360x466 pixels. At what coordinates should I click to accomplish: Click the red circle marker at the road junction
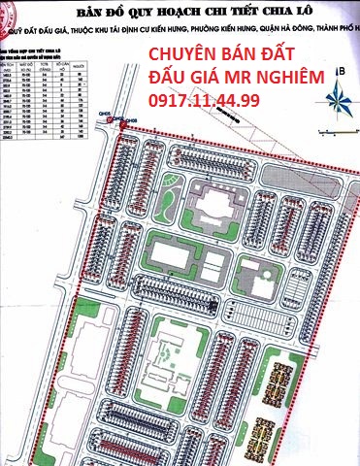(x=119, y=120)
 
